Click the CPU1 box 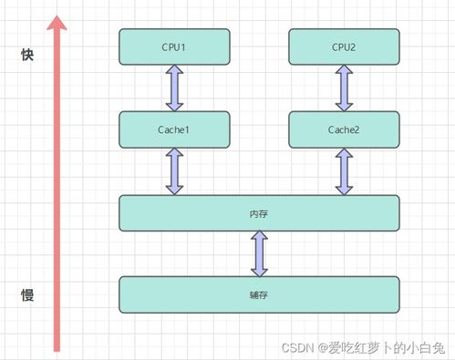pos(174,46)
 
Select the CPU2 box pos(344,46)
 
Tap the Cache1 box pos(174,129)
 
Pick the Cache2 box pos(344,129)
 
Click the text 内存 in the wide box pos(259,212)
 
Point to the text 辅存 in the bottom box pos(259,295)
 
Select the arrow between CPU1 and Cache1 pos(174,88)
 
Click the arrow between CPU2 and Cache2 pos(344,88)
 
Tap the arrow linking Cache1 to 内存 pos(174,171)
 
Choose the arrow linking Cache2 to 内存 pos(344,171)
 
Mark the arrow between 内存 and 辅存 pos(259,253)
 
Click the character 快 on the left pos(27,56)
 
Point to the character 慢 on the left pos(27,295)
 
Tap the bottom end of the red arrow pos(57,348)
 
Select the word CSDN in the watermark pos(296,347)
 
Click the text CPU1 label pos(174,46)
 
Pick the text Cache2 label pos(344,129)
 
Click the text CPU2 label pos(344,46)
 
